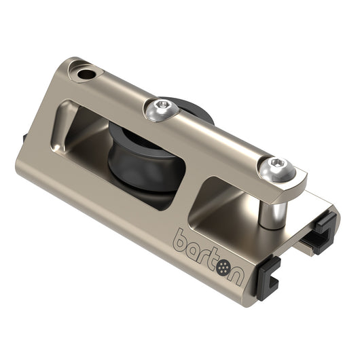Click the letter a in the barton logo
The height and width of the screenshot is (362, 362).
(x=196, y=249)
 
